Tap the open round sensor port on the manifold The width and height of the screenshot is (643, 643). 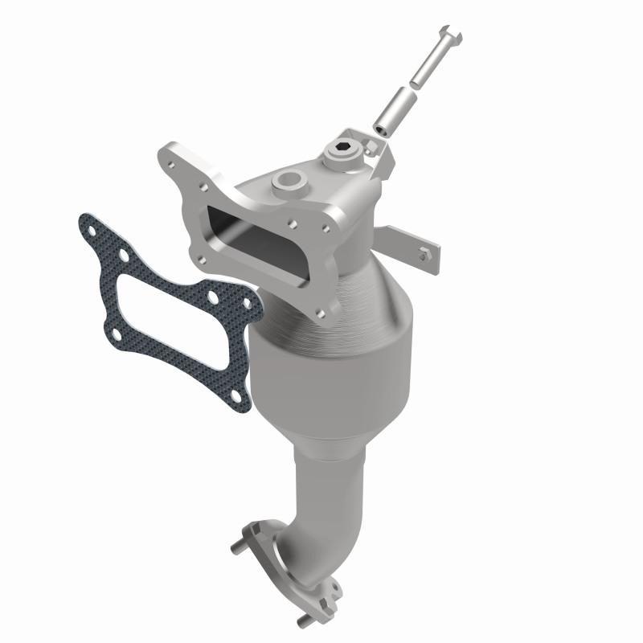pos(286,181)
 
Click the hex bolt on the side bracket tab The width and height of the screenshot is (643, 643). pos(425,256)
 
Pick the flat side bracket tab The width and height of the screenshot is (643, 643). pos(410,245)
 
